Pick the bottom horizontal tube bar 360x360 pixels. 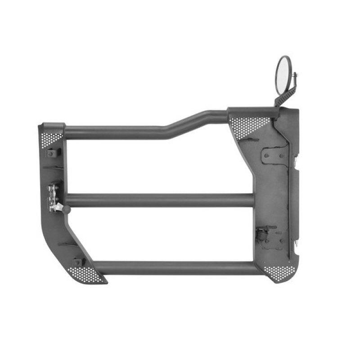click(180, 268)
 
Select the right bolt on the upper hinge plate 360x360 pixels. click(282, 156)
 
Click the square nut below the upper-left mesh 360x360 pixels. click(51, 153)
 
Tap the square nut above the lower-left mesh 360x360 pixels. click(77, 262)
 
